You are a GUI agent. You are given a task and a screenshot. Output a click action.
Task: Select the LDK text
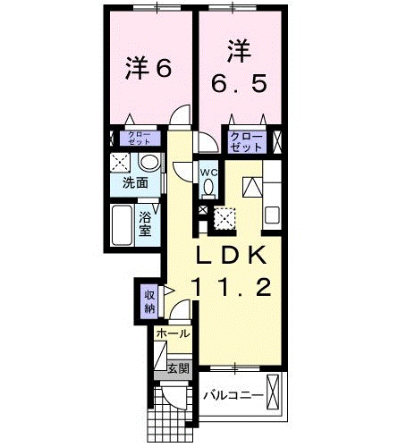pyautogui.click(x=231, y=256)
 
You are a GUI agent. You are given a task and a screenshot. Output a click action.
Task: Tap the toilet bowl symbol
pyautogui.click(x=208, y=189)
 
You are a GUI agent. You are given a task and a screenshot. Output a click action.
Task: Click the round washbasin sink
pyautogui.click(x=149, y=163)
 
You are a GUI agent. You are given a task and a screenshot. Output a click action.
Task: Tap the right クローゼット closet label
pyautogui.click(x=246, y=140)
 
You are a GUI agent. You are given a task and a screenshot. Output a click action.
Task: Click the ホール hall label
pyautogui.click(x=173, y=333)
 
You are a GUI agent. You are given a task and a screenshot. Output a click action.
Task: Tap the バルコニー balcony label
pyautogui.click(x=232, y=394)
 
